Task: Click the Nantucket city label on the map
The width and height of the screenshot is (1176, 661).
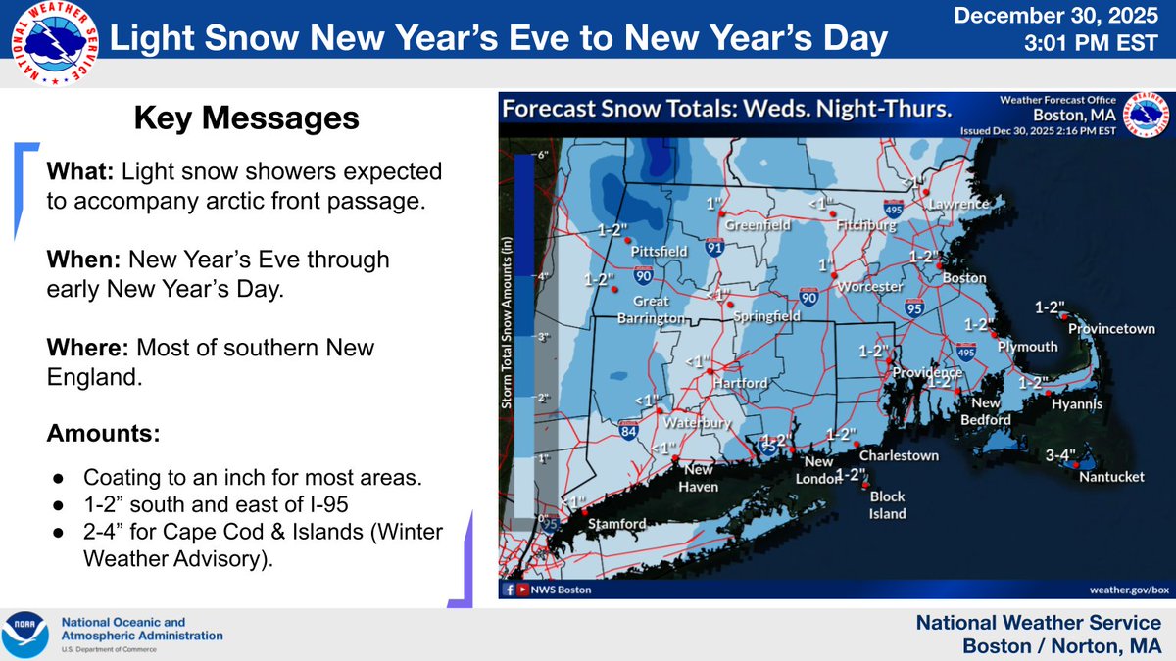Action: (1111, 477)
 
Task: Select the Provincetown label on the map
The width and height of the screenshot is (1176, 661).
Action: (1111, 329)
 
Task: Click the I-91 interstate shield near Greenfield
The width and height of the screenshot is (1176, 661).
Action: (714, 249)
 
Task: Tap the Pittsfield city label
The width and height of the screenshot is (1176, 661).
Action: (661, 250)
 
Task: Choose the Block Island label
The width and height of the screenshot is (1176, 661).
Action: (887, 504)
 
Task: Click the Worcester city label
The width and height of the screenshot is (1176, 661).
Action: (868, 287)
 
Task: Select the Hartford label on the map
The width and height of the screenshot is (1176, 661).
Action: (740, 383)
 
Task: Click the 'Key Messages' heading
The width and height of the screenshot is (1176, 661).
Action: (246, 118)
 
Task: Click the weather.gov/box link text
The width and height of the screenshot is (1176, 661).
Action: (1129, 590)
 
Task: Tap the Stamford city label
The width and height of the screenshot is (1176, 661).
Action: (616, 524)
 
